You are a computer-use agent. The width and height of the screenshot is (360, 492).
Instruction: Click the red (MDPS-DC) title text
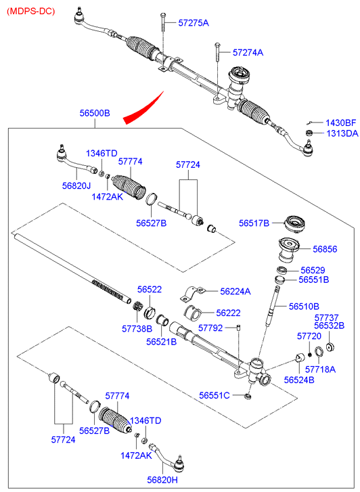pyautogui.click(x=30, y=12)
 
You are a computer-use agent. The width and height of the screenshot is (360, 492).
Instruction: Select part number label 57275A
pyautogui.click(x=194, y=23)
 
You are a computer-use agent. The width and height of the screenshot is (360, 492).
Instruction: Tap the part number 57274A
pyautogui.click(x=248, y=52)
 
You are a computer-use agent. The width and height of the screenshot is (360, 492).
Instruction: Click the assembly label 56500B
pyautogui.click(x=95, y=113)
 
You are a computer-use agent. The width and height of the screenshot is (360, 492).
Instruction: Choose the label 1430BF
pyautogui.click(x=341, y=122)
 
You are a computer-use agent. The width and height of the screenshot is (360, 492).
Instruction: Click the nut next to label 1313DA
pyautogui.click(x=309, y=133)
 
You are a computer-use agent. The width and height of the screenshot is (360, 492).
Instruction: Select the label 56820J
pyautogui.click(x=76, y=185)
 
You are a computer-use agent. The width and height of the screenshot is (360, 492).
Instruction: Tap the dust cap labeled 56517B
pyautogui.click(x=294, y=224)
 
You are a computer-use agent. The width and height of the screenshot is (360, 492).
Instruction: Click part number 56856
pyautogui.click(x=325, y=249)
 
